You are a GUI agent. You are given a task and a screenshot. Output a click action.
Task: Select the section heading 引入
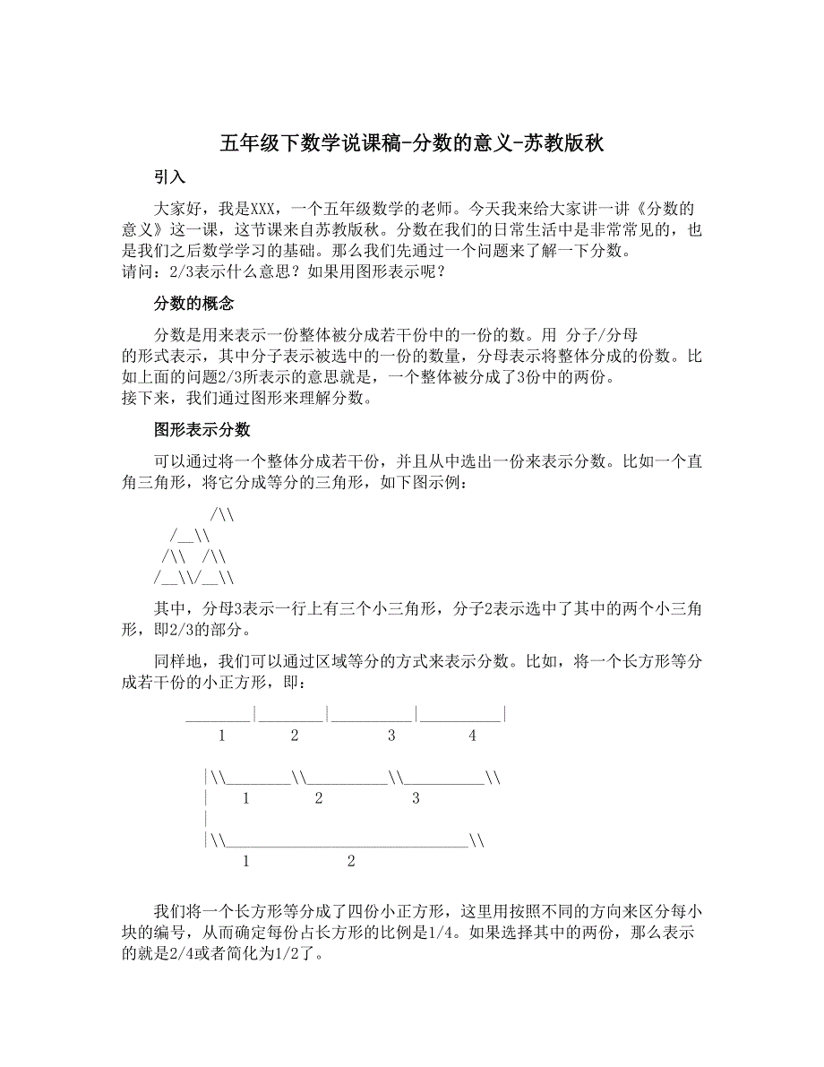(169, 177)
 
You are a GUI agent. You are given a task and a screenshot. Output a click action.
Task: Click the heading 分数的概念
(194, 304)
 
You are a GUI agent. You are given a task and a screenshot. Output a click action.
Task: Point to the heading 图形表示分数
(202, 430)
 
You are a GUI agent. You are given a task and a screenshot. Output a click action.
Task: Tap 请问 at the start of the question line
(136, 271)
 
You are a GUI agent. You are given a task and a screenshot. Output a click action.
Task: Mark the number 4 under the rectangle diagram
(472, 736)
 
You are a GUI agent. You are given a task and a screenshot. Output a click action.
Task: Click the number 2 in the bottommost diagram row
(350, 862)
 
